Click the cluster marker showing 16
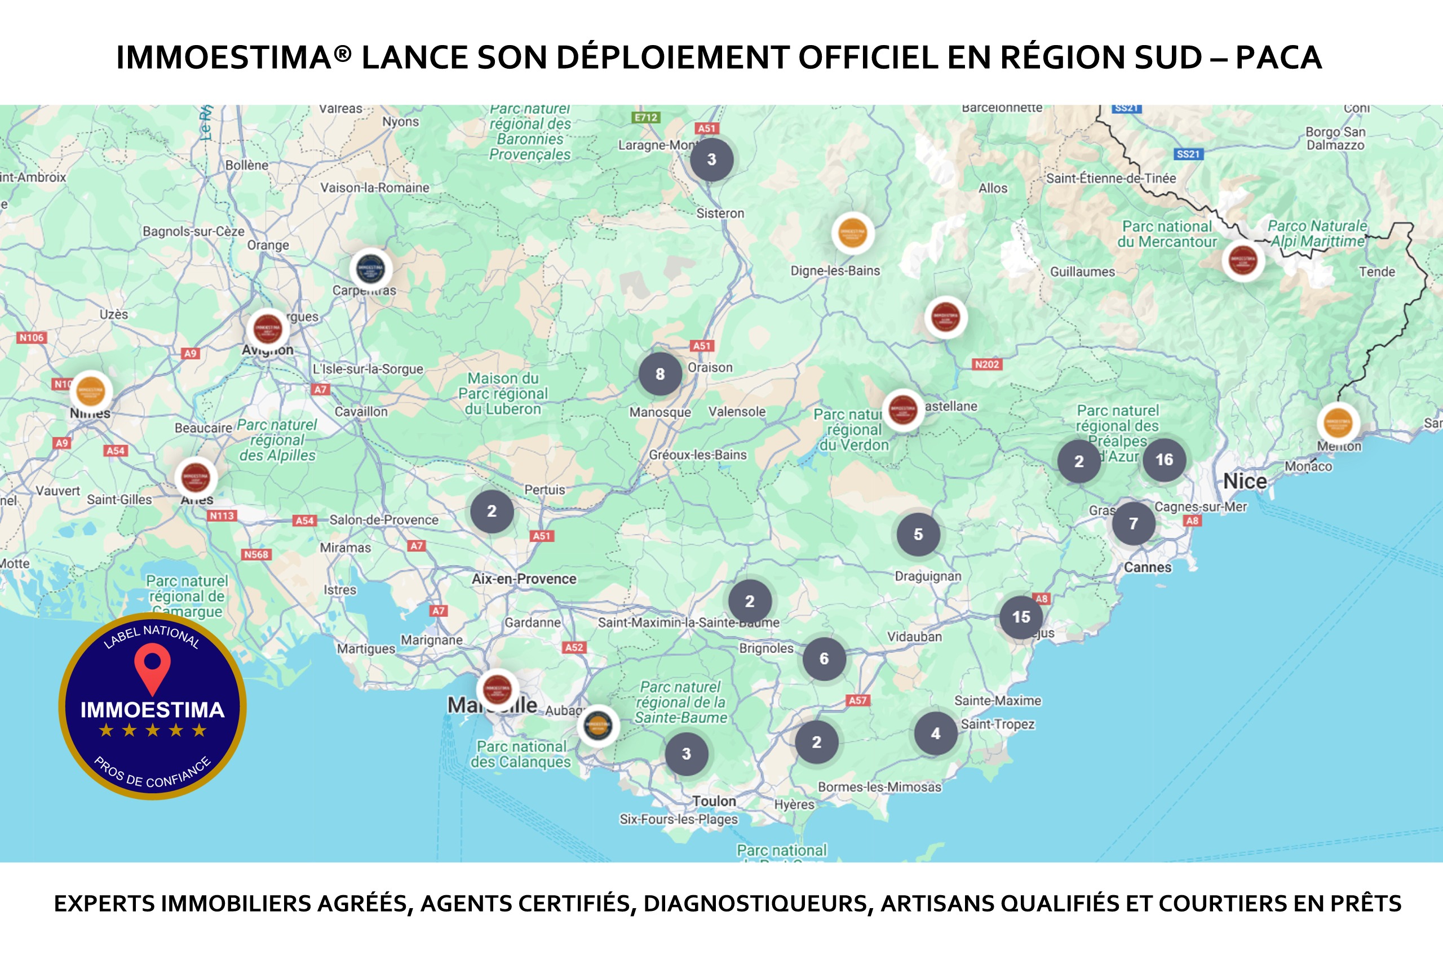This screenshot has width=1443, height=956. [1163, 460]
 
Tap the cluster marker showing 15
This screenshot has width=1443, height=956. [1021, 617]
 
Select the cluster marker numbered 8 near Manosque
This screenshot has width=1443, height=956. [660, 373]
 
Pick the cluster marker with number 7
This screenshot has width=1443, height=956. [1133, 523]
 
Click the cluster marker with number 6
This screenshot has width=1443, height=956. [824, 659]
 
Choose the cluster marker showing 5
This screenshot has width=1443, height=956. [918, 534]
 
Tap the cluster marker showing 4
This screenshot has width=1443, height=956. [936, 733]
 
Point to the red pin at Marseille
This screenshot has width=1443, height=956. [497, 690]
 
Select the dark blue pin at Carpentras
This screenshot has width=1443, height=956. [370, 268]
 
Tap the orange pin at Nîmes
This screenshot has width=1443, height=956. [91, 391]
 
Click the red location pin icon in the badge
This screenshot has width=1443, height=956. [152, 667]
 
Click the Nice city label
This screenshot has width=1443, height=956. [1245, 481]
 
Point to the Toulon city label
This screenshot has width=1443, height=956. [714, 801]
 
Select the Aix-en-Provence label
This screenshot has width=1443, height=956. [524, 579]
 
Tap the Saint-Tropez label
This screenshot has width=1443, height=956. [998, 724]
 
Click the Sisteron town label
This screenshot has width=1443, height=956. [720, 214]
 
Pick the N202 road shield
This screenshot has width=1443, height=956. [987, 364]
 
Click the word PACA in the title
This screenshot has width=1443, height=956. [1278, 57]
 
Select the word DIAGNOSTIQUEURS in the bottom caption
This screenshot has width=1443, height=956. [758, 904]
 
